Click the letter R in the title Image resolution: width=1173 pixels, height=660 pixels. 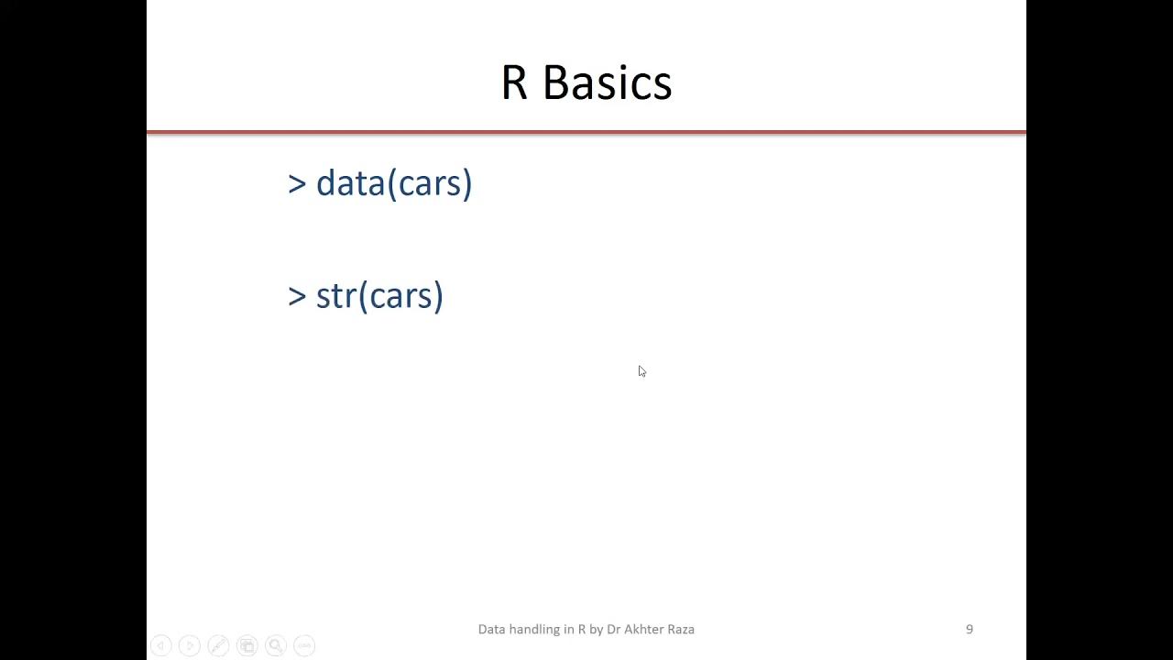[514, 82]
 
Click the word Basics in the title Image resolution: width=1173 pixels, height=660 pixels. [607, 82]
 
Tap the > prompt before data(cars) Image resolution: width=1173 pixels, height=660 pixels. [297, 183]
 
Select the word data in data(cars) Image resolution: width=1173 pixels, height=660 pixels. [351, 183]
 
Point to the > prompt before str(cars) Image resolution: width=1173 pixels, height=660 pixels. [297, 296]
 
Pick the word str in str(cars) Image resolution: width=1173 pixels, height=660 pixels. [335, 296]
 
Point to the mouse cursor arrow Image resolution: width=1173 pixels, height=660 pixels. [641, 370]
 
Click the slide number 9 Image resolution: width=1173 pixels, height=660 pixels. [970, 629]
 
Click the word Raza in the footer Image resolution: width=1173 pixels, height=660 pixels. [681, 629]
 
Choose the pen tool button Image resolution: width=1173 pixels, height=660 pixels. [218, 645]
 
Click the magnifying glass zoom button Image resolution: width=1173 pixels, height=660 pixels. [276, 645]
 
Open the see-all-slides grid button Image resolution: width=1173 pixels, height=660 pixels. [247, 645]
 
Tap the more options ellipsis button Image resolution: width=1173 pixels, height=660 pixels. [304, 645]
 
